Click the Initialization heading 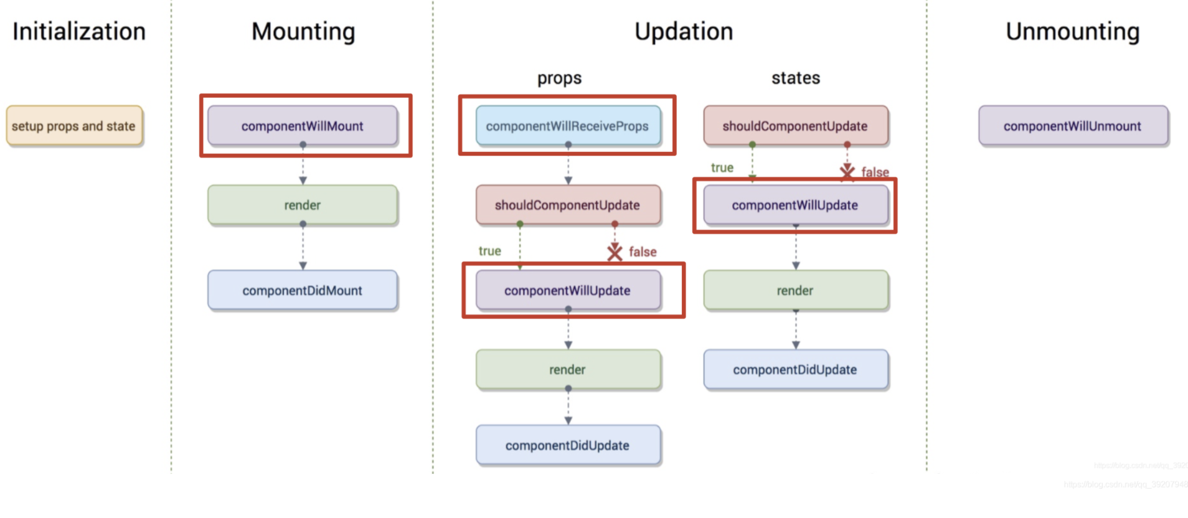[79, 32]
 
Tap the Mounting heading [303, 32]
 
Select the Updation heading [684, 32]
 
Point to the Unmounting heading [1072, 32]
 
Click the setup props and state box [74, 126]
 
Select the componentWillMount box [303, 126]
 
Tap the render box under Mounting [303, 205]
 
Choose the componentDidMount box [303, 290]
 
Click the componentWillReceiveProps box [567, 126]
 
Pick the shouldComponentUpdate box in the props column [567, 205]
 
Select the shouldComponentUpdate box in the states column [795, 126]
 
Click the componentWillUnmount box [1072, 126]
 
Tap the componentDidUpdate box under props [567, 445]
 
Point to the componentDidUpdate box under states [795, 369]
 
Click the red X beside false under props [615, 252]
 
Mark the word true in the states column [722, 167]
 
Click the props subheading [559, 78]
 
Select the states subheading [795, 78]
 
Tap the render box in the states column [795, 290]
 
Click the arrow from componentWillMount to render [303, 165]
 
